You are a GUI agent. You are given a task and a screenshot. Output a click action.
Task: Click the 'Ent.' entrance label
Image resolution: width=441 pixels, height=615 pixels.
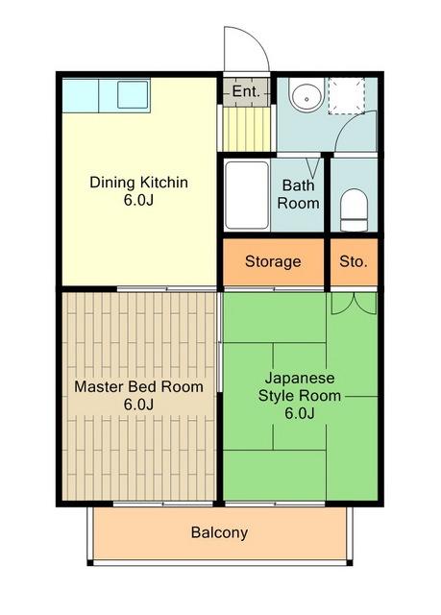tap(246, 91)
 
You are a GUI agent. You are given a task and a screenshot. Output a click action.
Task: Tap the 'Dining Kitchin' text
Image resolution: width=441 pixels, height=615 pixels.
tap(138, 183)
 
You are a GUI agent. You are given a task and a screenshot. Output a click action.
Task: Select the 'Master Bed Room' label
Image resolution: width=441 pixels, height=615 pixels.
tap(138, 386)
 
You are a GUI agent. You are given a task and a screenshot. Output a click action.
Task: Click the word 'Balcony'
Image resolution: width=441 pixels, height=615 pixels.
tap(219, 532)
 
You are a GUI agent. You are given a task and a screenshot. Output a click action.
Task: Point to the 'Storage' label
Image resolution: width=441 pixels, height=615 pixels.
tap(273, 261)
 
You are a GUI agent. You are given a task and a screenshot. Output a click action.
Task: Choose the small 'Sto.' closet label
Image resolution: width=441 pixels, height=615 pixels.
tap(354, 261)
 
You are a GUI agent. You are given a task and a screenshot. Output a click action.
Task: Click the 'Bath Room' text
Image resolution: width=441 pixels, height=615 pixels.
tap(298, 194)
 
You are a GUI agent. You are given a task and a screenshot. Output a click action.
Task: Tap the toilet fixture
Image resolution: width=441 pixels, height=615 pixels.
tap(354, 210)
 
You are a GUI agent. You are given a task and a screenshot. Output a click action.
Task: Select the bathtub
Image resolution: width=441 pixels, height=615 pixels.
tap(247, 195)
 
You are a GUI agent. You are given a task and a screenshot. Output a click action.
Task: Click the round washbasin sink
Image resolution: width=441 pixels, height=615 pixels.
tap(306, 95)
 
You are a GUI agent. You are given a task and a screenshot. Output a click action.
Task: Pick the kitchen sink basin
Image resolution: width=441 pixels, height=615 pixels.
tap(133, 94)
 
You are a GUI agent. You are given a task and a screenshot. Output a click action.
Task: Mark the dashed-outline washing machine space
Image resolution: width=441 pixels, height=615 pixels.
tap(347, 96)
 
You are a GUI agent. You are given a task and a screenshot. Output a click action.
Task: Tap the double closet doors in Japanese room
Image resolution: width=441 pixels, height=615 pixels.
tap(354, 304)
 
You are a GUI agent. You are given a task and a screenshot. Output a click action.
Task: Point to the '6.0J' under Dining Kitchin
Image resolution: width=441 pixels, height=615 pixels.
tap(138, 200)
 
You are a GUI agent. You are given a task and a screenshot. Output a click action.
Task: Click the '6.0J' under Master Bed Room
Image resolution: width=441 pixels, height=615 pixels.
tap(138, 405)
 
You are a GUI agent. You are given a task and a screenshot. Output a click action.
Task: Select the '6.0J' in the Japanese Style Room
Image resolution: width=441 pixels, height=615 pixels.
tap(300, 413)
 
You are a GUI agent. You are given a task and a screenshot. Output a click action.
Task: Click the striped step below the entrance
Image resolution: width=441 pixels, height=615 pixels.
tap(247, 129)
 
